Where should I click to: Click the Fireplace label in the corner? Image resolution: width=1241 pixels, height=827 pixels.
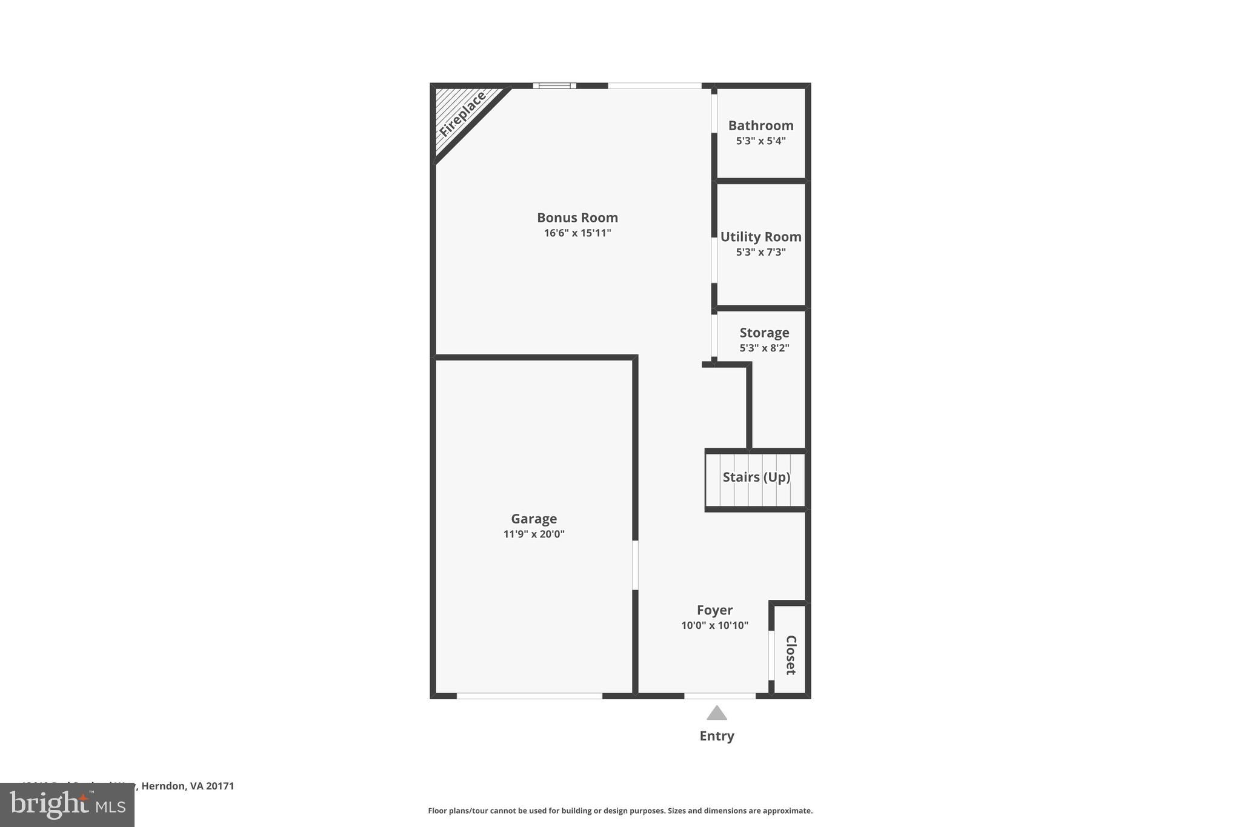point(462,114)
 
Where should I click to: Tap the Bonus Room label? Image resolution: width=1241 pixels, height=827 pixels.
point(577,218)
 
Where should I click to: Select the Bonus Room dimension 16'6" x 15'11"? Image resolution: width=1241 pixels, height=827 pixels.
point(577,233)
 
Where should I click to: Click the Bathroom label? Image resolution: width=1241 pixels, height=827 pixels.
point(760,125)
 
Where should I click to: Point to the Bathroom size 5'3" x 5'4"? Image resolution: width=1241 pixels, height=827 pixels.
point(760,141)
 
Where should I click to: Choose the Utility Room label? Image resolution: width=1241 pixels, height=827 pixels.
point(760,237)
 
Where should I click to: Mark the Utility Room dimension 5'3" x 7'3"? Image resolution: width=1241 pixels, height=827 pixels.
point(760,252)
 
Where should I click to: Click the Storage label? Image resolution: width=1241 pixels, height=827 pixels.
point(764,333)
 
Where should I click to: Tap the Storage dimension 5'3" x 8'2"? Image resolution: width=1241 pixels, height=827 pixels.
point(764,348)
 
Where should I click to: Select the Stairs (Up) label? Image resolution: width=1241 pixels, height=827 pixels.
point(756,477)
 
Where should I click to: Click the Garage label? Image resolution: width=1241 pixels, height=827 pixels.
point(533,519)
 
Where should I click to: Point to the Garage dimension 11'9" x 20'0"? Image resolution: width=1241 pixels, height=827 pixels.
point(533,534)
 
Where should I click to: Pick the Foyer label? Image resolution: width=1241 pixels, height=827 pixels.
point(714,610)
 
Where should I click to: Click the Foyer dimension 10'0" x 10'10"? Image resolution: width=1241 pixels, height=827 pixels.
point(714,625)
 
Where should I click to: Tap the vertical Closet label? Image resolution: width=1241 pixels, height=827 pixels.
point(790,655)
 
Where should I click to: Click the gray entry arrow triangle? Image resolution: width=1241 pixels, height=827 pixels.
point(716,713)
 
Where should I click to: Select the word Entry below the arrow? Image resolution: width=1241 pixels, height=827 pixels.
point(716,736)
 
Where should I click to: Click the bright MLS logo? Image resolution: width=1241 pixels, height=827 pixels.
point(67,805)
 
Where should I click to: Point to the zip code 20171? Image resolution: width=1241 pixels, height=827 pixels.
point(219,786)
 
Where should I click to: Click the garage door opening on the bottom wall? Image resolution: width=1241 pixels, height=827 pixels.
point(529,696)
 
